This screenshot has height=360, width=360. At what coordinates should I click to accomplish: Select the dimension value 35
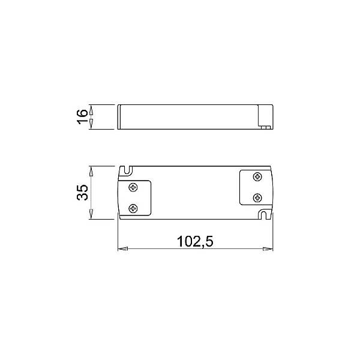pyautogui.click(x=82, y=192)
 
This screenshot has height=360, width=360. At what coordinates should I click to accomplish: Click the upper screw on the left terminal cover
pyautogui.click(x=132, y=187)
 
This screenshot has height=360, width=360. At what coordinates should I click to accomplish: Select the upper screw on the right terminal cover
pyautogui.click(x=257, y=176)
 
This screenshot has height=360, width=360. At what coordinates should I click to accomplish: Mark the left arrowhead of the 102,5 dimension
pyautogui.click(x=120, y=247)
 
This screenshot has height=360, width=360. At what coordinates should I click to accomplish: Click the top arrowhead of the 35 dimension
pyautogui.click(x=91, y=170)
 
